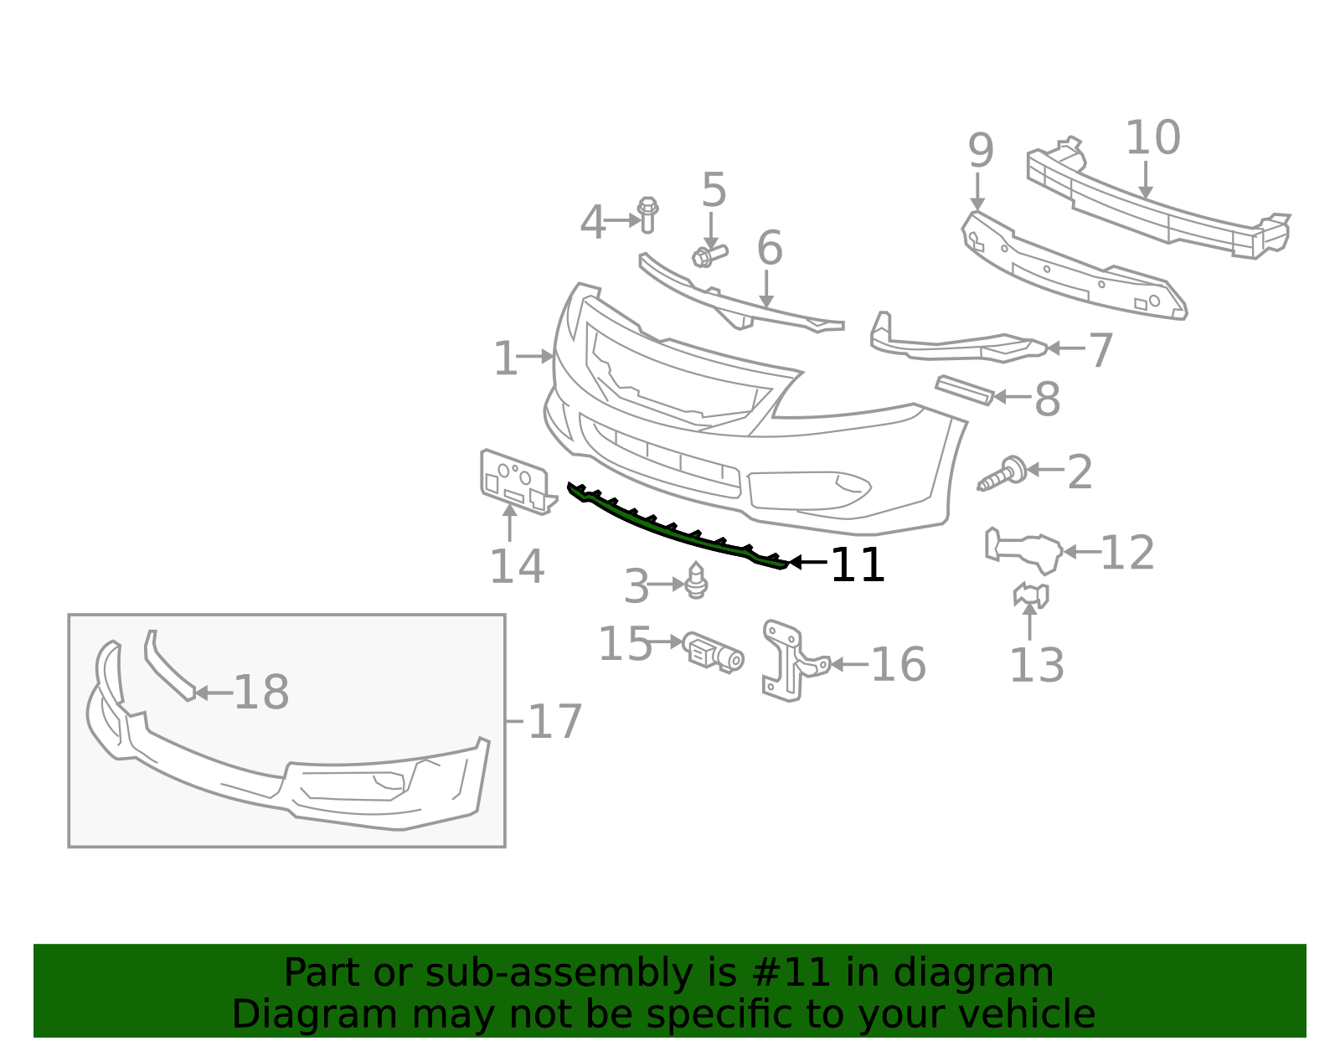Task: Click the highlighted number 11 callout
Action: pyautogui.click(x=858, y=565)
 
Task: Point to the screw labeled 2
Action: pyautogui.click(x=1002, y=474)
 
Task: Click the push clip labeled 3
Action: pyautogui.click(x=696, y=580)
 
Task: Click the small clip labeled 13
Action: pyautogui.click(x=1031, y=595)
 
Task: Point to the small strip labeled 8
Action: pyautogui.click(x=964, y=389)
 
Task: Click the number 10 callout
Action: pyautogui.click(x=1152, y=138)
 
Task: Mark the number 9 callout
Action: pyautogui.click(x=981, y=152)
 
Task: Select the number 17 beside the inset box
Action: pyautogui.click(x=555, y=722)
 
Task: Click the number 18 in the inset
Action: pyautogui.click(x=261, y=693)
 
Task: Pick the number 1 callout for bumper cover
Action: pyautogui.click(x=505, y=359)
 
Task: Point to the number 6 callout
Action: pyautogui.click(x=769, y=249)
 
